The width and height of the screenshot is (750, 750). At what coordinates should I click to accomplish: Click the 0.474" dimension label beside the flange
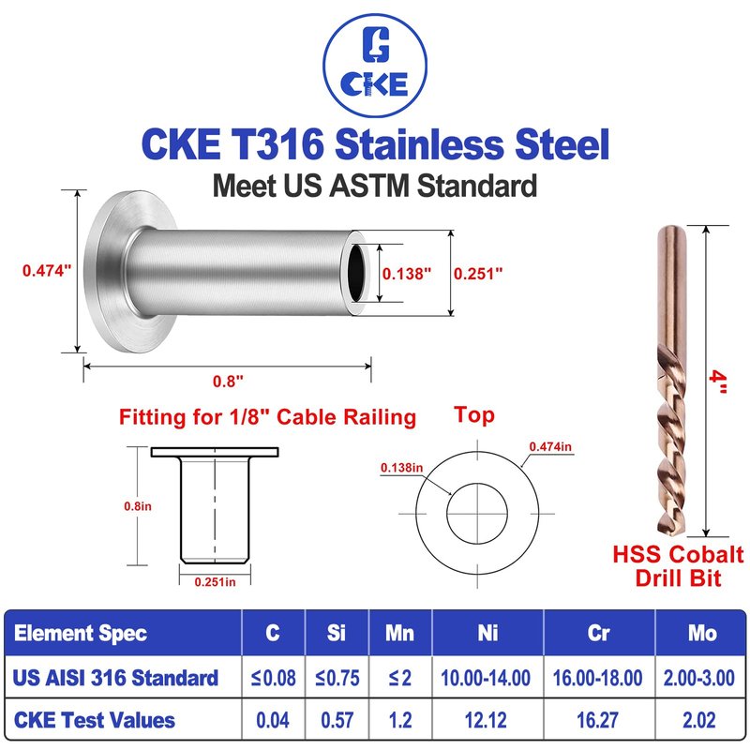[47, 271]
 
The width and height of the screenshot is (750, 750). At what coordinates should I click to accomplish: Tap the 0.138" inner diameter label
[407, 274]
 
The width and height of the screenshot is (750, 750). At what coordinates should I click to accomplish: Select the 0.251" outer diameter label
[478, 274]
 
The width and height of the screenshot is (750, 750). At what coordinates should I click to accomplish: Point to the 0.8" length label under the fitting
[228, 382]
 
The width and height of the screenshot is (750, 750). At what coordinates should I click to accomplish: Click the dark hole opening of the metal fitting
[356, 273]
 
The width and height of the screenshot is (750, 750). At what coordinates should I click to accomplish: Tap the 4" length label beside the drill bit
[717, 382]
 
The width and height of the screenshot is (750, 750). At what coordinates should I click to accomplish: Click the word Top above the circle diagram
[474, 415]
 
